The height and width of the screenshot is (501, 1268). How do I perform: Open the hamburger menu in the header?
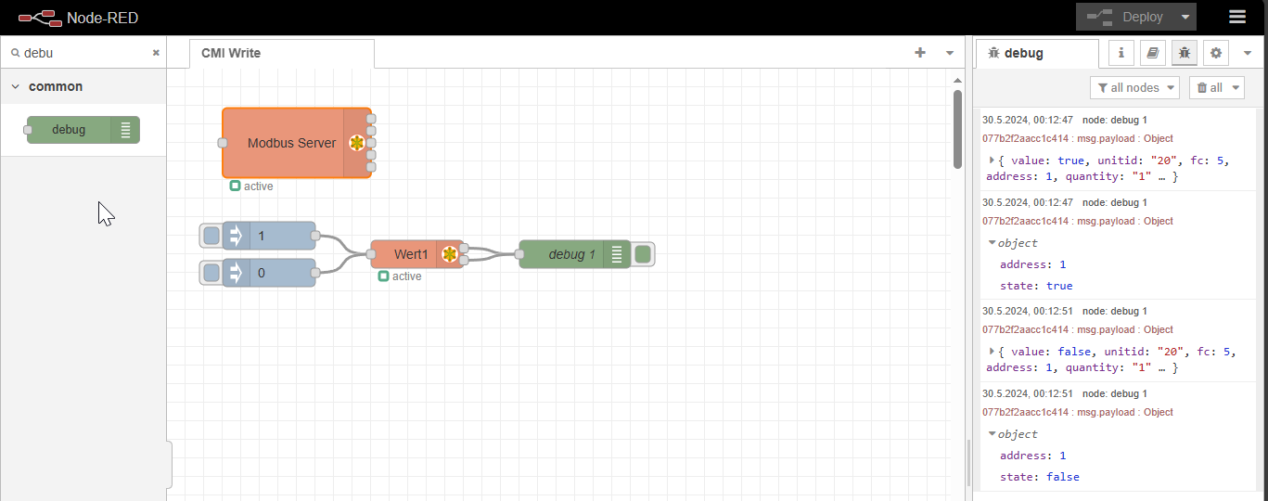[x=1237, y=17]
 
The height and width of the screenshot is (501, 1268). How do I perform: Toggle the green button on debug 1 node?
[x=643, y=254]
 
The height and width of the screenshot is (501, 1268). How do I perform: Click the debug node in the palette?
[x=83, y=130]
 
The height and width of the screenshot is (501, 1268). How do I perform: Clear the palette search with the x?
[x=156, y=53]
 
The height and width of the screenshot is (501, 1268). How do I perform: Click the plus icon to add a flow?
[x=920, y=53]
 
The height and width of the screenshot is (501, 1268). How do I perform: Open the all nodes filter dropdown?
[x=1134, y=88]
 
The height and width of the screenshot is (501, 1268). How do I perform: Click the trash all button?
[x=1216, y=88]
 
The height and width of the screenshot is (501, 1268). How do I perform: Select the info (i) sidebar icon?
[x=1121, y=53]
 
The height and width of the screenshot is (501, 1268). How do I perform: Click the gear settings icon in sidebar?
[x=1216, y=53]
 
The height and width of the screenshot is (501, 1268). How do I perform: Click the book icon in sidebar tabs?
[x=1153, y=53]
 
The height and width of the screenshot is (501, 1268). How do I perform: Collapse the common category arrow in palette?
[x=16, y=86]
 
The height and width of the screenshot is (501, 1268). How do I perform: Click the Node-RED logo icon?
[x=40, y=19]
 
